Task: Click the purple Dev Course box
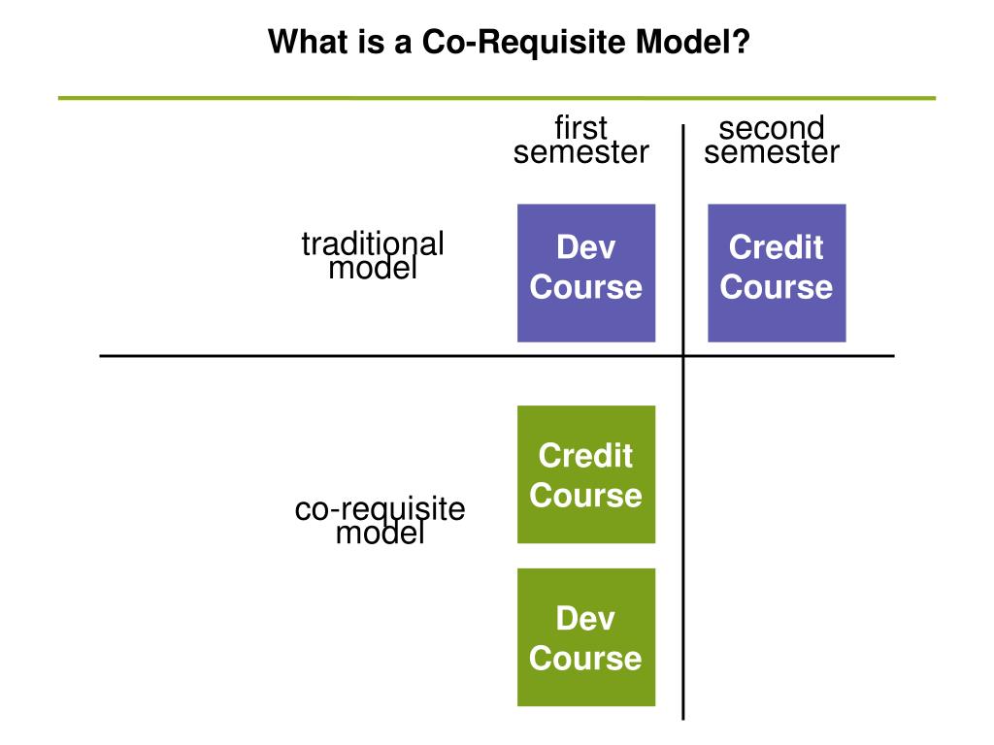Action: [585, 273]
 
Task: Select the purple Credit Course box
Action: [777, 273]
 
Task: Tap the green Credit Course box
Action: [585, 474]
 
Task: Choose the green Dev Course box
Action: [585, 637]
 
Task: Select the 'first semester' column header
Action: [580, 141]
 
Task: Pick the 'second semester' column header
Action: [772, 141]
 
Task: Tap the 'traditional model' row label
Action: [373, 256]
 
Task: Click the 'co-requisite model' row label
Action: [380, 521]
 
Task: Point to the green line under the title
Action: [496, 98]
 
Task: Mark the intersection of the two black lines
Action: [682, 356]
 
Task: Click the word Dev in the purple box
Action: [585, 247]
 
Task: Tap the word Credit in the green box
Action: [585, 455]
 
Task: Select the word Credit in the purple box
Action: [777, 247]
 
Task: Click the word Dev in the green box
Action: [585, 618]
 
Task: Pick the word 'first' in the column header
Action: [580, 128]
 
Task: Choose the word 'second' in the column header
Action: [772, 128]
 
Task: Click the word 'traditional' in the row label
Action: [373, 243]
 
